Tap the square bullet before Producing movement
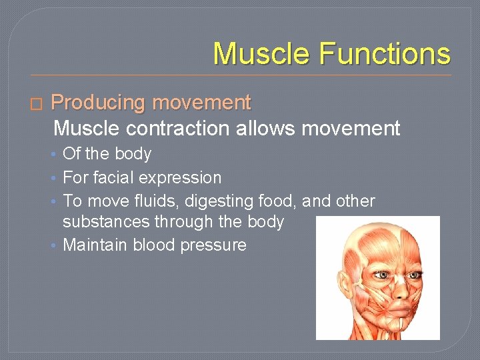tap(36, 104)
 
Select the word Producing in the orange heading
tap(98, 103)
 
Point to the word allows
tap(265, 128)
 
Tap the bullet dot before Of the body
tap(53, 155)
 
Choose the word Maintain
tap(95, 245)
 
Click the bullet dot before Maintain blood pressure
tap(53, 245)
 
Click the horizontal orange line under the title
tap(240, 75)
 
